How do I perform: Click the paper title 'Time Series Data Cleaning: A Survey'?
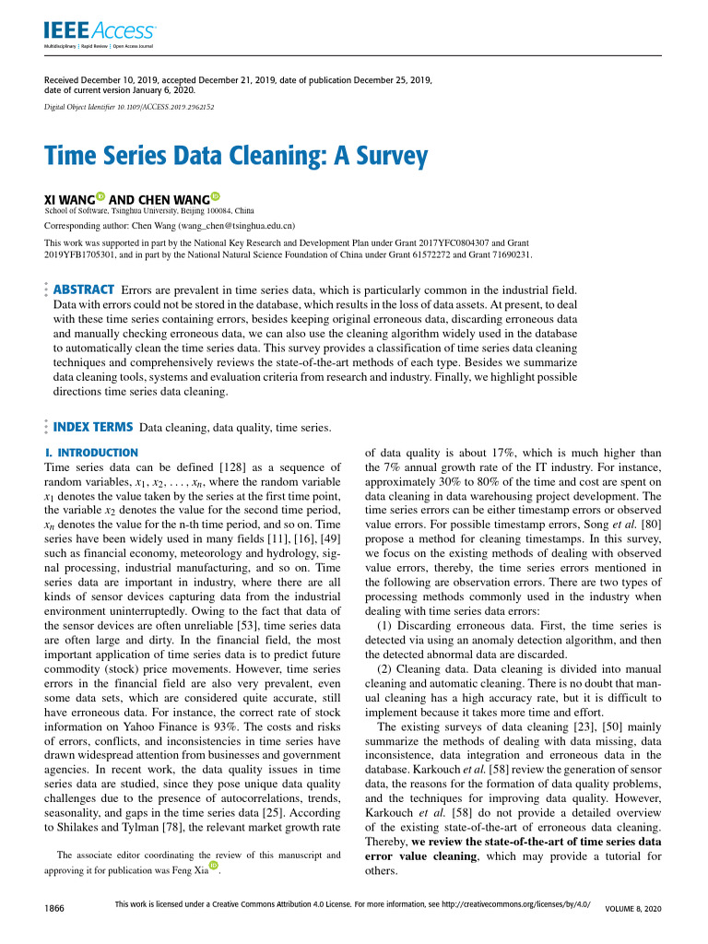click(236, 155)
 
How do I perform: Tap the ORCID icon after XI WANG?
click(100, 197)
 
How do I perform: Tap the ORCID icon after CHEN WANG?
click(216, 197)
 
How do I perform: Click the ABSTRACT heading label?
click(85, 289)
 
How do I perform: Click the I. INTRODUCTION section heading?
click(91, 453)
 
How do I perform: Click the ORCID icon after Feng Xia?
click(215, 867)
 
